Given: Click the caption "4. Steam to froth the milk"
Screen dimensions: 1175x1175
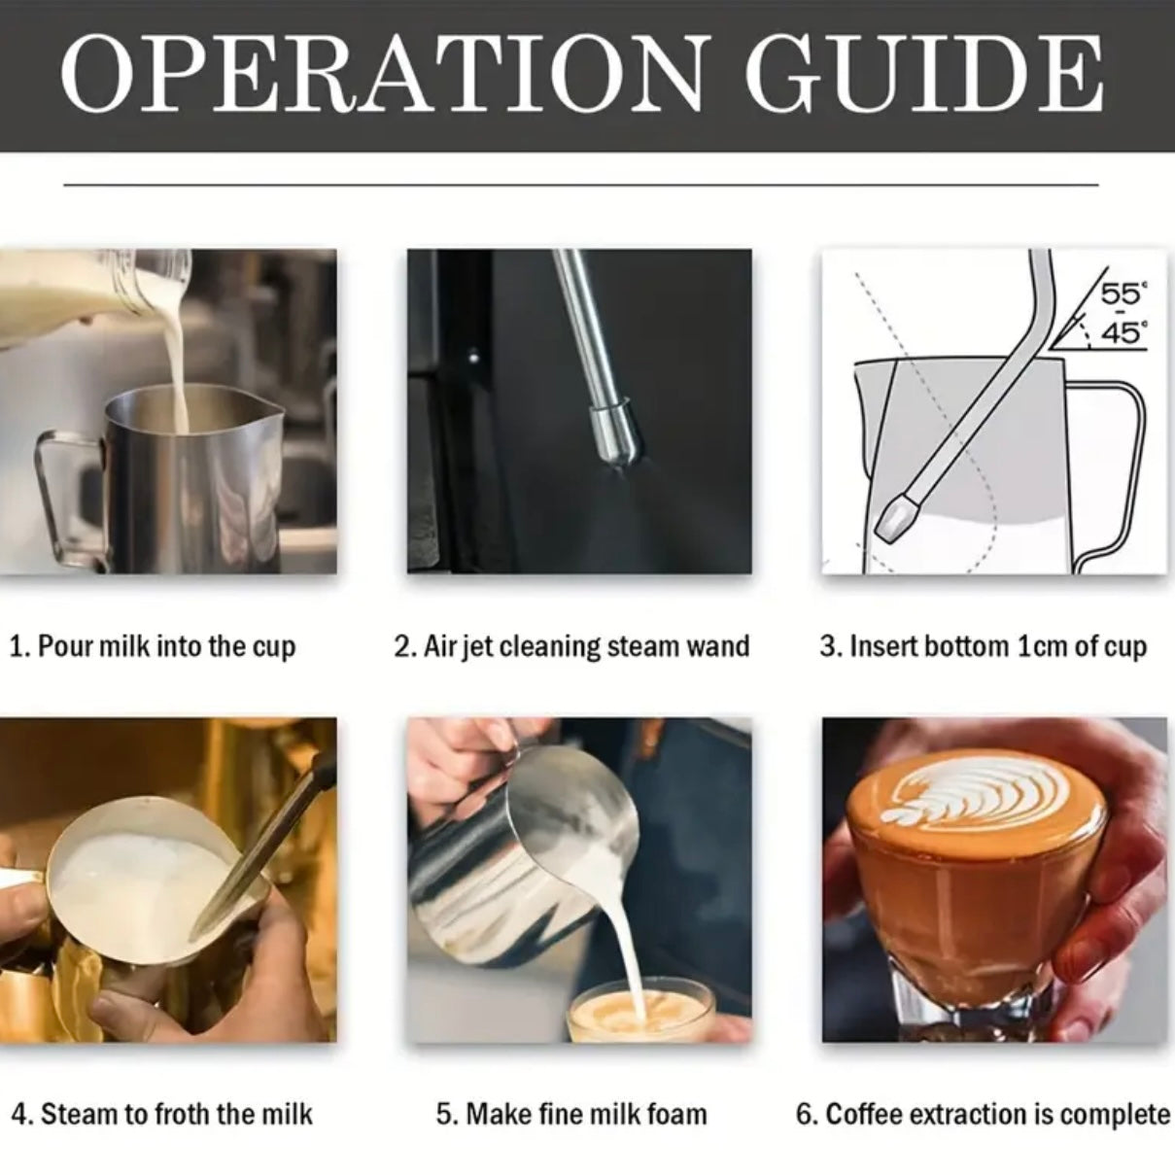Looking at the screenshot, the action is pyautogui.click(x=162, y=1114).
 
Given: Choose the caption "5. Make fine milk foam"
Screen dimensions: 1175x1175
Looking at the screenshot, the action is pyautogui.click(x=571, y=1114).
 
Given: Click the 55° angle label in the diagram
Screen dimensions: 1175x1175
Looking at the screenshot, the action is pyautogui.click(x=1121, y=294).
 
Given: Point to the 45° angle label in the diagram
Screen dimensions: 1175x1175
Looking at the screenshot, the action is pyautogui.click(x=1121, y=333).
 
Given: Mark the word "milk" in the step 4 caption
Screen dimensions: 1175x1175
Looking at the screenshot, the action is pyautogui.click(x=287, y=1114).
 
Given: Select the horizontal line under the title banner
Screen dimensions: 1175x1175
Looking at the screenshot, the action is pyautogui.click(x=580, y=184).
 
